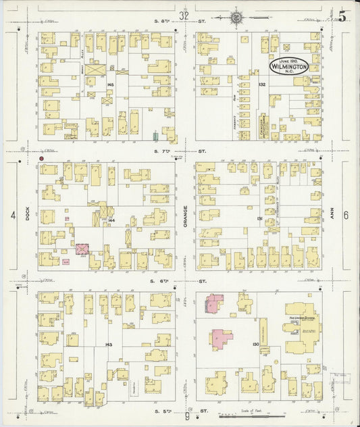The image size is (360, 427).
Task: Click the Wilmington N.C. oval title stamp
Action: pos(289,66)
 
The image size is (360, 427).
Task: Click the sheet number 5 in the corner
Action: pos(342,17)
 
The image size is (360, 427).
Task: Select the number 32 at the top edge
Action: pos(184,15)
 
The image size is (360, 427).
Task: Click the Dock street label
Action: pos(28,215)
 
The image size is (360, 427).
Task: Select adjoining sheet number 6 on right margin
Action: pos(346,216)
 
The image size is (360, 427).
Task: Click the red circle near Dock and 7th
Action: pos(42,158)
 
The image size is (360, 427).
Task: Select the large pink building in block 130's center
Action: pos(221,337)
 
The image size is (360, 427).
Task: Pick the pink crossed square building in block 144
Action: pos(82,249)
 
